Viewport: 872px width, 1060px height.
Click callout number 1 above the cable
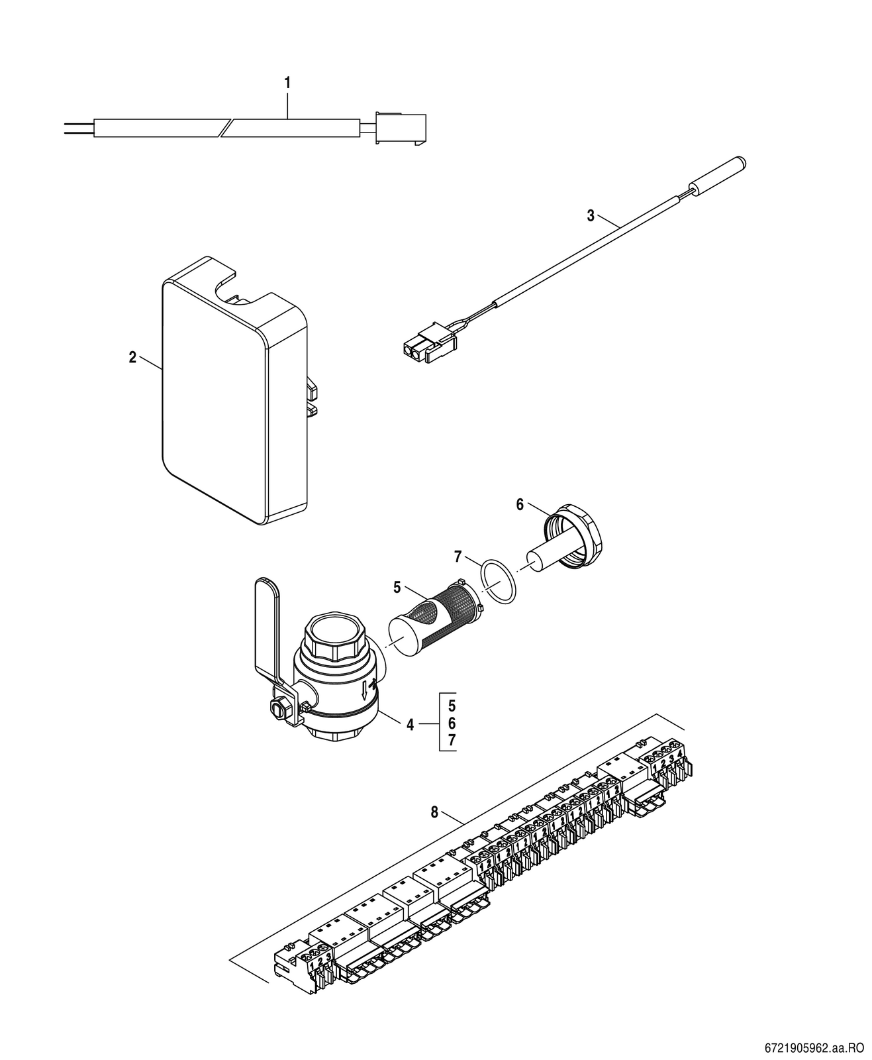coord(288,83)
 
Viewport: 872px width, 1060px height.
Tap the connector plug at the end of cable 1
coord(401,129)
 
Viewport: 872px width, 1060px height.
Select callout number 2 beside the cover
coord(132,357)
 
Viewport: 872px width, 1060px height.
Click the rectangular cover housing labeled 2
coord(234,390)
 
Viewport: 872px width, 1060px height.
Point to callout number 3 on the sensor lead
coord(591,215)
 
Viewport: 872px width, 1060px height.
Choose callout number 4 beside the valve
coord(411,724)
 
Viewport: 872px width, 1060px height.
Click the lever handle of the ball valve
coord(267,634)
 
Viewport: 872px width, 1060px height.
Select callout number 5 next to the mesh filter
coord(397,587)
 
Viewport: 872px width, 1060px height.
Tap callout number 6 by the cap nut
coord(520,505)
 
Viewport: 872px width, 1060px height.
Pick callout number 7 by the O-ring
coord(458,557)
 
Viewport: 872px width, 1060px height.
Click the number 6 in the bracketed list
coord(452,723)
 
